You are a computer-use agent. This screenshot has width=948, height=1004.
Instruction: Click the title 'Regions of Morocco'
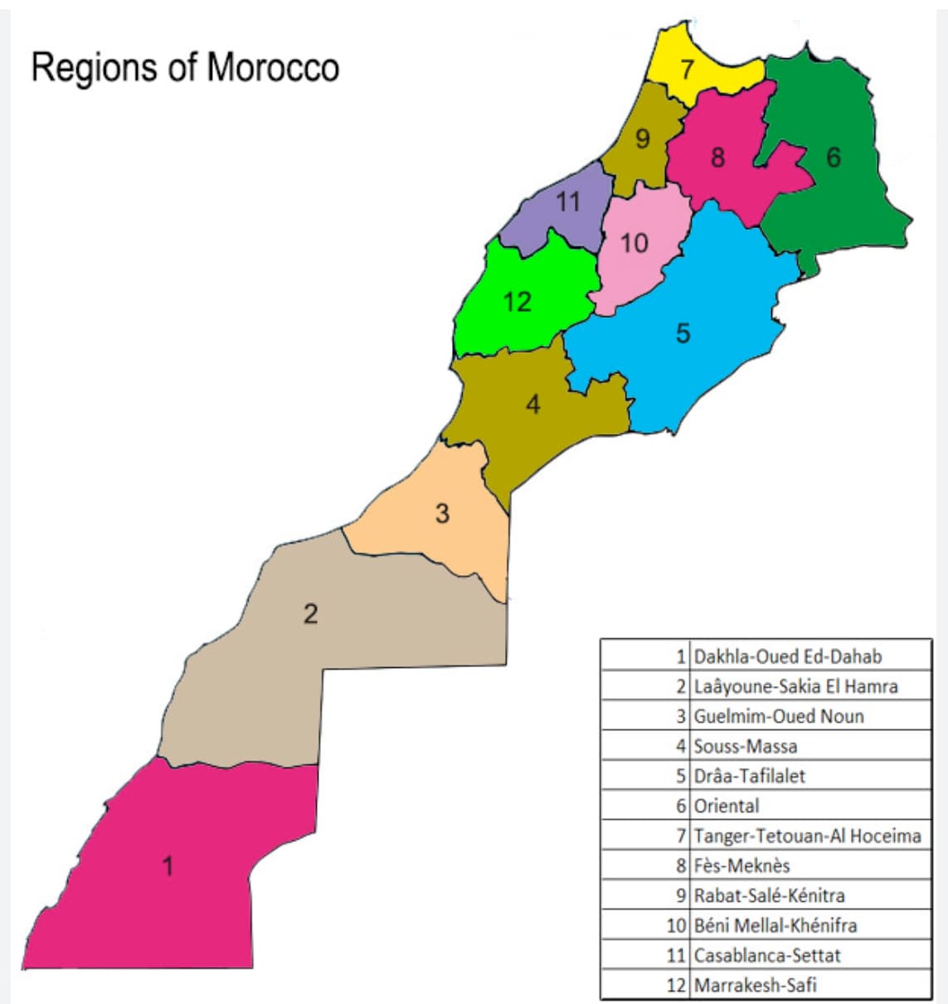tap(185, 67)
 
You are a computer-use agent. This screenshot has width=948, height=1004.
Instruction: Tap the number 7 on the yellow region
tap(688, 70)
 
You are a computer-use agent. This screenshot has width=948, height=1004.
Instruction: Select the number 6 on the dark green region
tap(833, 157)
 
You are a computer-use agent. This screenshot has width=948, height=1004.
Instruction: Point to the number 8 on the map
tap(717, 157)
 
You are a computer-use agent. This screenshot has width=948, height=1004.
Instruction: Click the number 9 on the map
tap(642, 139)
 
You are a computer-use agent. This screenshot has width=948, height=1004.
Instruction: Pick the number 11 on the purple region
tap(568, 202)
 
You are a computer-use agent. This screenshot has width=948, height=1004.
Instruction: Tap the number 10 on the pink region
tap(634, 243)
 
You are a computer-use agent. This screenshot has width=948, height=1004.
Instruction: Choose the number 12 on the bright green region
tap(518, 301)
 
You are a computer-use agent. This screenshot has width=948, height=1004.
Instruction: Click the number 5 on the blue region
tap(683, 333)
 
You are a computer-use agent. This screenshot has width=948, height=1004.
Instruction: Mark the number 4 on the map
tap(532, 404)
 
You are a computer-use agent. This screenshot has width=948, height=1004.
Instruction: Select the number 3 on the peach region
tap(442, 514)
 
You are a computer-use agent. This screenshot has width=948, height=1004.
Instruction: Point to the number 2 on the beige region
tap(310, 614)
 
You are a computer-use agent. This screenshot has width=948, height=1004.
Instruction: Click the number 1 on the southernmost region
tap(168, 866)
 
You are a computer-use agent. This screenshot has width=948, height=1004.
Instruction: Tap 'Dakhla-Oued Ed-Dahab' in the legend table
tap(787, 656)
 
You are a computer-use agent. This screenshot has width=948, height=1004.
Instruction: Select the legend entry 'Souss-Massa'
tap(745, 746)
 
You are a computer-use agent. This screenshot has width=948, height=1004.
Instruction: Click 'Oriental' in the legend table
tap(726, 806)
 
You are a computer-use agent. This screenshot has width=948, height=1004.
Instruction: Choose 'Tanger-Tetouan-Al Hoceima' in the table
tap(807, 836)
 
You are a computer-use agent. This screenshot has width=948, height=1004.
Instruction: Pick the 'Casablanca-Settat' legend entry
tap(766, 955)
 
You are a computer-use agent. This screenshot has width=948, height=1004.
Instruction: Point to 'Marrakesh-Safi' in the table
tap(755, 985)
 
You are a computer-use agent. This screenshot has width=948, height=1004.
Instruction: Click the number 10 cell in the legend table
tap(677, 925)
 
